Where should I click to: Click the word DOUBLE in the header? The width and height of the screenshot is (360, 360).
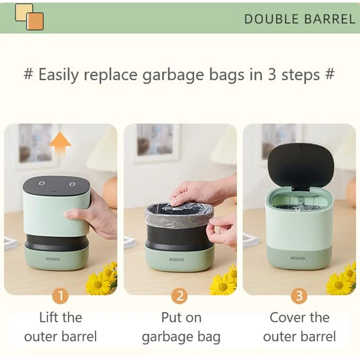point(272,19)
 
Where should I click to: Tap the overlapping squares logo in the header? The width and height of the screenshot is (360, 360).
point(29,17)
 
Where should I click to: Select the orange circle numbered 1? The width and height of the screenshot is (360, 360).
point(61,296)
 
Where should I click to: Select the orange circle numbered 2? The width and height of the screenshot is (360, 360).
point(179,296)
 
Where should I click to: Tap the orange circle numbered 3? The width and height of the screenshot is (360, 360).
point(299,296)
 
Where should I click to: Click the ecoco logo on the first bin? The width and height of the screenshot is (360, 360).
point(53,259)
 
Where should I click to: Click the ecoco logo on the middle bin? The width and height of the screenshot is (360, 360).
point(176,259)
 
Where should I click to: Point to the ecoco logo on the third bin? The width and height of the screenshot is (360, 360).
point(298,258)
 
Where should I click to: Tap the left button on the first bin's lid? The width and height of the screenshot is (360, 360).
point(41,183)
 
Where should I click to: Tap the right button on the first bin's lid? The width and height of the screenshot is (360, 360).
point(72,184)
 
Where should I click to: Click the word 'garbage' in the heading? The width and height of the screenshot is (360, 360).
point(173,75)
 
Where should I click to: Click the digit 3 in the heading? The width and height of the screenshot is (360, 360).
point(272,74)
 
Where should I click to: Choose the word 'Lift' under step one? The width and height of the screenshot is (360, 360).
point(48,317)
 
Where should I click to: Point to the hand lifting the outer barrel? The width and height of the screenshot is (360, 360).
point(89,214)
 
